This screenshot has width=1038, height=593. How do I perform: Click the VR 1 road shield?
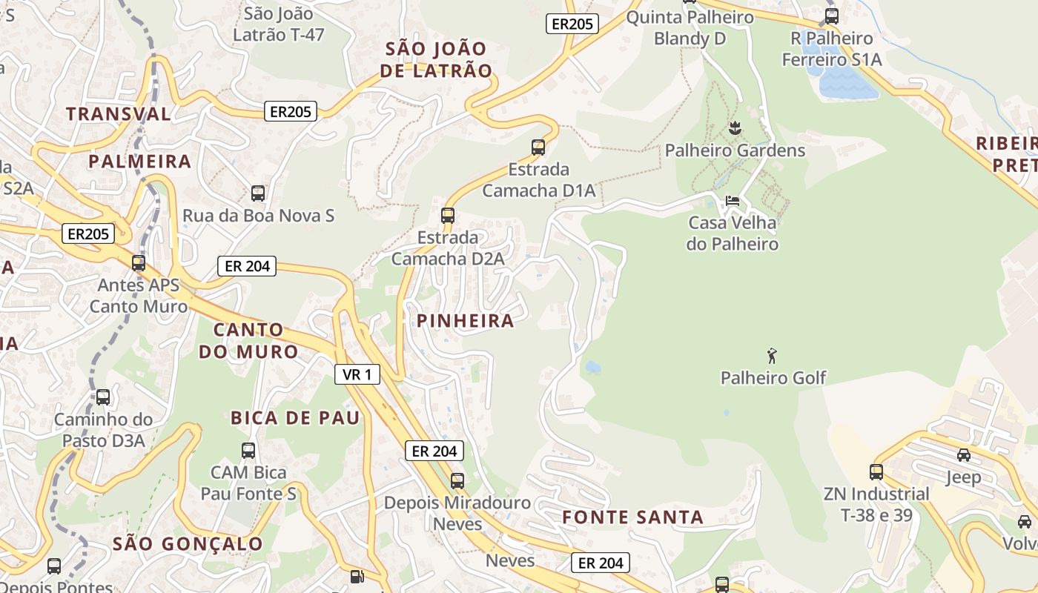[x=357, y=375]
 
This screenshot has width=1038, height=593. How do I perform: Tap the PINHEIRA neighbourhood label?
[x=465, y=321]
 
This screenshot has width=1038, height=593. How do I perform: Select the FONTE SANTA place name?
[x=632, y=517]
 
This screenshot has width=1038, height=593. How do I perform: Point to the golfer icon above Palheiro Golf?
[x=772, y=356]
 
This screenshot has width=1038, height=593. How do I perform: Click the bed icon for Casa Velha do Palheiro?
[x=733, y=201]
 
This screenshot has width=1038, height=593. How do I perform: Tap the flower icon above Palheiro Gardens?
[x=735, y=128]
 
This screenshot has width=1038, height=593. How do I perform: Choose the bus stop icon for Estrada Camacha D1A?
[x=538, y=148]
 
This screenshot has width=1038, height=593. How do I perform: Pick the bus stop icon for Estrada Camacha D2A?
[x=448, y=216]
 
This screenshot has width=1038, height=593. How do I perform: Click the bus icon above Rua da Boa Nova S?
[x=258, y=193]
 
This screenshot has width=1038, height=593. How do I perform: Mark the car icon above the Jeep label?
[x=963, y=455]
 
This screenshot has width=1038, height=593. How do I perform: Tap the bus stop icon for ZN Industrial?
[x=876, y=471]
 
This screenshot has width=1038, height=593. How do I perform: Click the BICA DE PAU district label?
[x=295, y=418]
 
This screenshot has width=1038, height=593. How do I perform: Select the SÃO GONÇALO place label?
[x=188, y=544]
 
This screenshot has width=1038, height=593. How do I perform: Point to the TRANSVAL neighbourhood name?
[x=119, y=114]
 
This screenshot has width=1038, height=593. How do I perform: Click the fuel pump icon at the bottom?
[x=357, y=576]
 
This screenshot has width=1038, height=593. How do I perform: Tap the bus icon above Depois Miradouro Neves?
[x=457, y=480]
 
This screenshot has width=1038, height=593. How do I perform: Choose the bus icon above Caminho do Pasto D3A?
[x=103, y=397]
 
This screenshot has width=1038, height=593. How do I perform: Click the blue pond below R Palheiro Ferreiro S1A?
[x=847, y=84]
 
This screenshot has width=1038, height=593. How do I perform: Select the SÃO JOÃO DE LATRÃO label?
[x=437, y=60]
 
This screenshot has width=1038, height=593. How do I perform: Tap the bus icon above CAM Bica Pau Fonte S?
[x=248, y=450]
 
